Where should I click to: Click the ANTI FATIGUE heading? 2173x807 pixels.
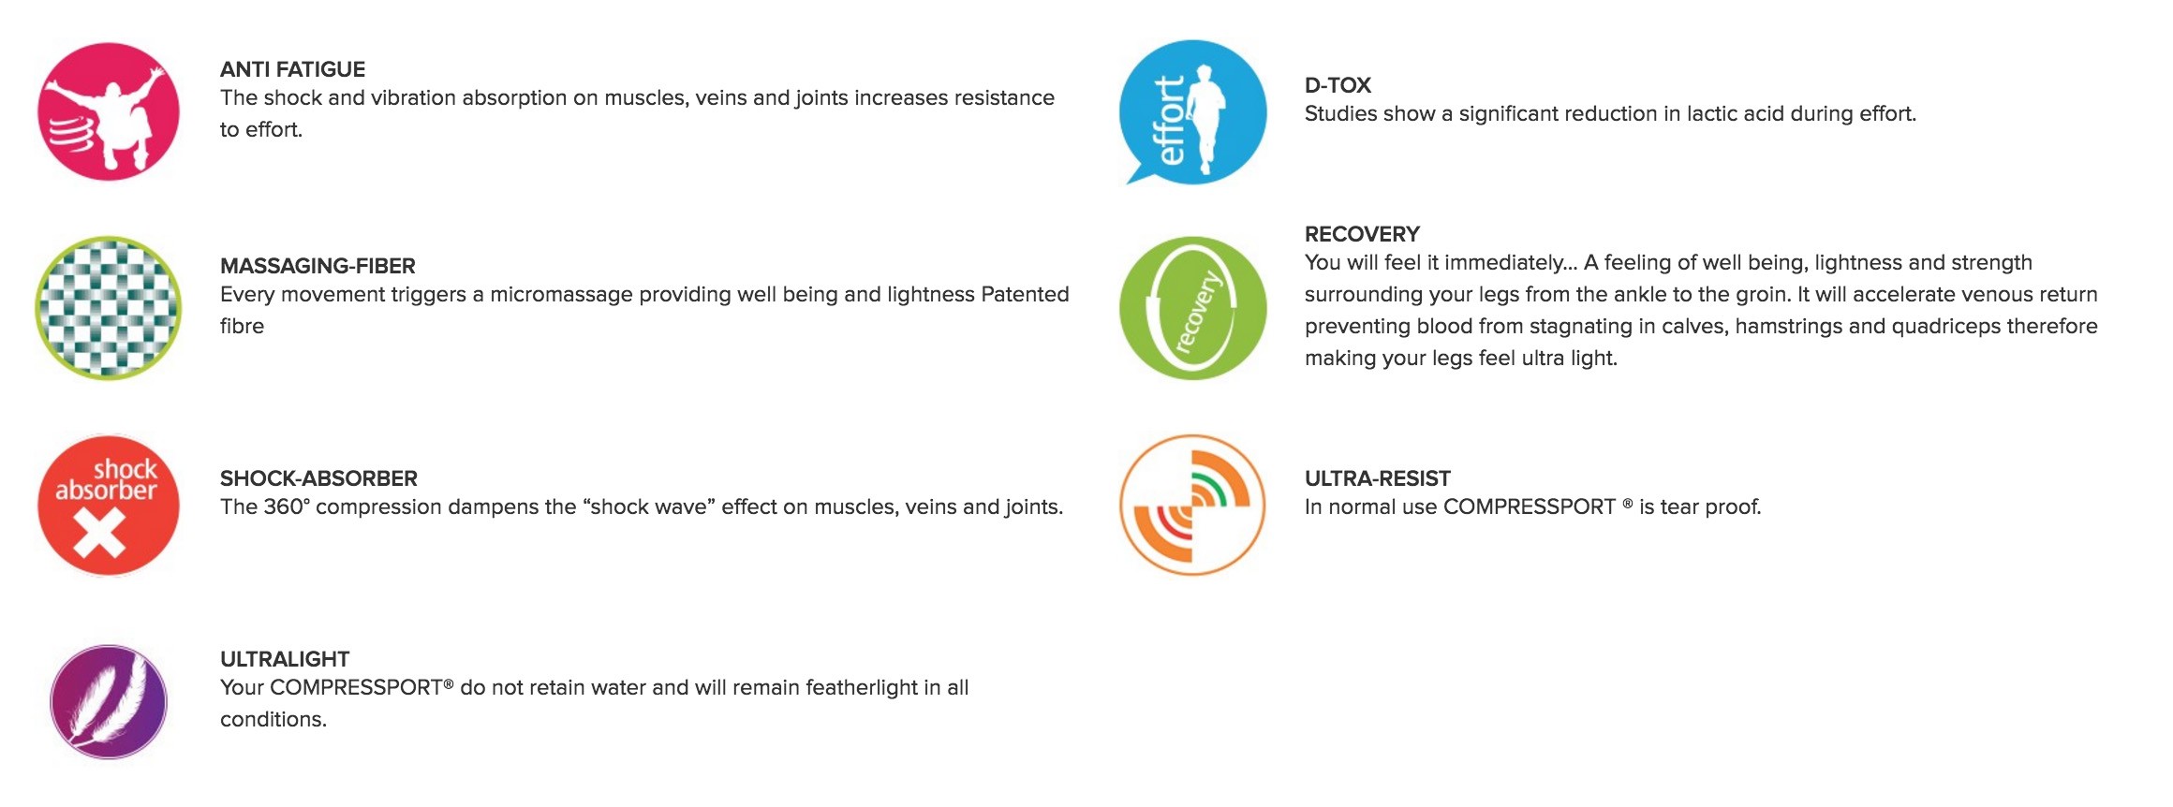(292, 69)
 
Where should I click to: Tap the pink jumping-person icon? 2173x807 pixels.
(109, 111)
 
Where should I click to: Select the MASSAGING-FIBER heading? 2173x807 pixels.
(318, 266)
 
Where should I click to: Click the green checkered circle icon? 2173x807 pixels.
(109, 308)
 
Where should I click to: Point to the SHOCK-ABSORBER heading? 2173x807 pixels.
(318, 478)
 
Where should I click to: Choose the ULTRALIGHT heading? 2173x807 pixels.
(285, 659)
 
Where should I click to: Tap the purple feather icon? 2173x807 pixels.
(109, 701)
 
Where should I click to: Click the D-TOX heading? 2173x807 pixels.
(1338, 85)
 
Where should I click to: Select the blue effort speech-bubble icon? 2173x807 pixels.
(1192, 111)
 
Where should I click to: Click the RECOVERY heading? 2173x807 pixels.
(1362, 234)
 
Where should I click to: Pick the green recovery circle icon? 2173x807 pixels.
(1192, 308)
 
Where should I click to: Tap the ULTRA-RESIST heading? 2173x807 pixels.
(1377, 478)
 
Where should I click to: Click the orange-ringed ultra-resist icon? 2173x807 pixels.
(1192, 505)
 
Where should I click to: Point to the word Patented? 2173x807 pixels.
(1025, 294)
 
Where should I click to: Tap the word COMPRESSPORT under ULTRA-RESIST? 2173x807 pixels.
(1529, 506)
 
